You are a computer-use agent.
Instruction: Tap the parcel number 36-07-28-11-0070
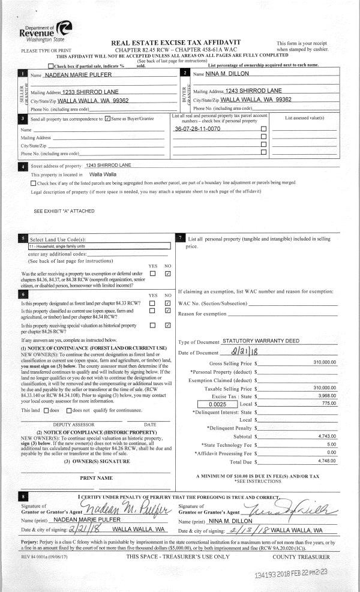(197, 129)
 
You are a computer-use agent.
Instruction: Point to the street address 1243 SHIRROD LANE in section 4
(109, 165)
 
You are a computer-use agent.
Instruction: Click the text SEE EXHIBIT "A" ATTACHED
(64, 211)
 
